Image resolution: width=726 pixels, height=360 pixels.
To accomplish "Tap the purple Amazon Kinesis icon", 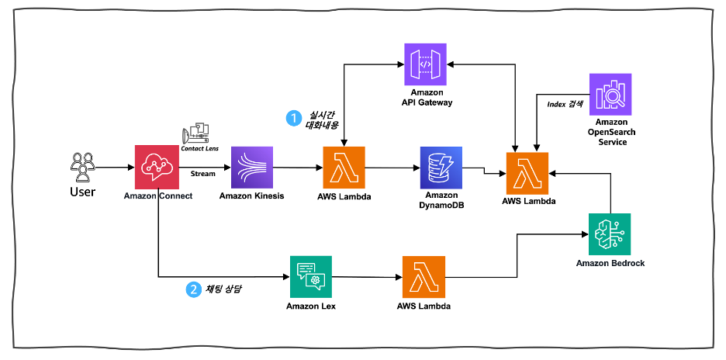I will pos(252,166).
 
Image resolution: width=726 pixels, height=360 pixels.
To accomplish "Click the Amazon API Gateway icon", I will pos(426,65).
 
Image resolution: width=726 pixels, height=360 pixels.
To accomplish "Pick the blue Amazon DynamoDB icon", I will pos(441,166).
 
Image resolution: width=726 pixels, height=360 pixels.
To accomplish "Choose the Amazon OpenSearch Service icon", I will pos(610,95).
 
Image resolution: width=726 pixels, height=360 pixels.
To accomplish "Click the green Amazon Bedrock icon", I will pos(610,234).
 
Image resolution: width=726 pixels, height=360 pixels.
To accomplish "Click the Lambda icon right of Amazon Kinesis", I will pos(344,166).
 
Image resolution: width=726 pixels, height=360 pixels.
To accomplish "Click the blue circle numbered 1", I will pos(294,118).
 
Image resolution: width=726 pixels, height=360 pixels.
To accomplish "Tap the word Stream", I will pos(203,174).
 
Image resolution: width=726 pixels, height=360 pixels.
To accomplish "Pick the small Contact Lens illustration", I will pos(198,132).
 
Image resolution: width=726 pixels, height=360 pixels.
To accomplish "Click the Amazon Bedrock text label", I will pos(610,263).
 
